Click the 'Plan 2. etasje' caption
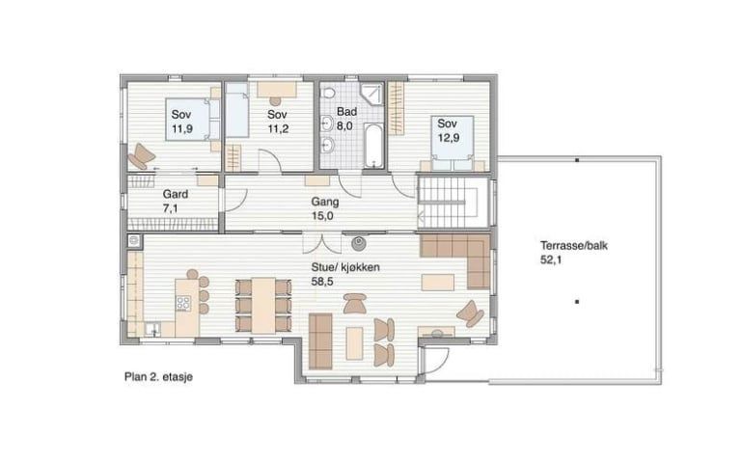click(158, 377)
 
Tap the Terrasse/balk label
click(574, 246)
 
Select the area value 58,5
click(322, 282)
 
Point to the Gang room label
click(324, 202)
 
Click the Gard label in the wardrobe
click(176, 194)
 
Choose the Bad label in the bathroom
click(346, 112)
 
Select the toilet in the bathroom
click(328, 92)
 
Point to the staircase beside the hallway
click(453, 203)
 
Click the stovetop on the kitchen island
click(183, 303)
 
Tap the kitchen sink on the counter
click(152, 329)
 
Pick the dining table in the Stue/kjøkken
click(263, 305)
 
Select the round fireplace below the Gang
click(358, 243)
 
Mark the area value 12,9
click(449, 139)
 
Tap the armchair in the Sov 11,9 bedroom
click(141, 156)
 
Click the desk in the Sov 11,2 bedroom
click(277, 90)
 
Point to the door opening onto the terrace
click(436, 359)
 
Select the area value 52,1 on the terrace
click(551, 259)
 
